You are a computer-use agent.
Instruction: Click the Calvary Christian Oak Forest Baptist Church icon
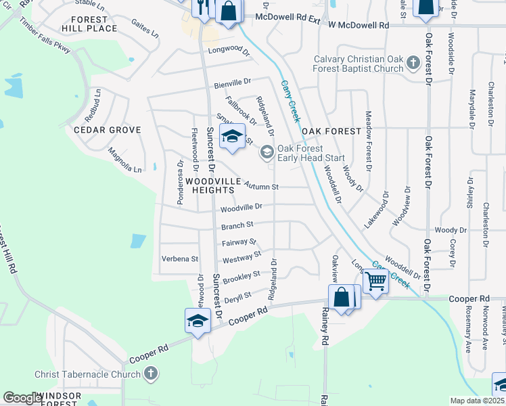(x=413, y=64)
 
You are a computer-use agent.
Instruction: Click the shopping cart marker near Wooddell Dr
(x=375, y=281)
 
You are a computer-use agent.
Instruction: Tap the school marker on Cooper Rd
(x=197, y=321)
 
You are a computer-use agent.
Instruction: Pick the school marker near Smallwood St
(x=232, y=136)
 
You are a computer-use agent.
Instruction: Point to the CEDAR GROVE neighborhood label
(x=108, y=130)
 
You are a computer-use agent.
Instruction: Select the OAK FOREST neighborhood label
(x=329, y=131)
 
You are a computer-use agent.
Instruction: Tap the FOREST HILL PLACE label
(x=89, y=24)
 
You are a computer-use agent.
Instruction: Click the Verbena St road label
(x=179, y=258)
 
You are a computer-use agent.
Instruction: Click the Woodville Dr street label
(x=241, y=207)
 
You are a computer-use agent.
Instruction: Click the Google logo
(x=23, y=398)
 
